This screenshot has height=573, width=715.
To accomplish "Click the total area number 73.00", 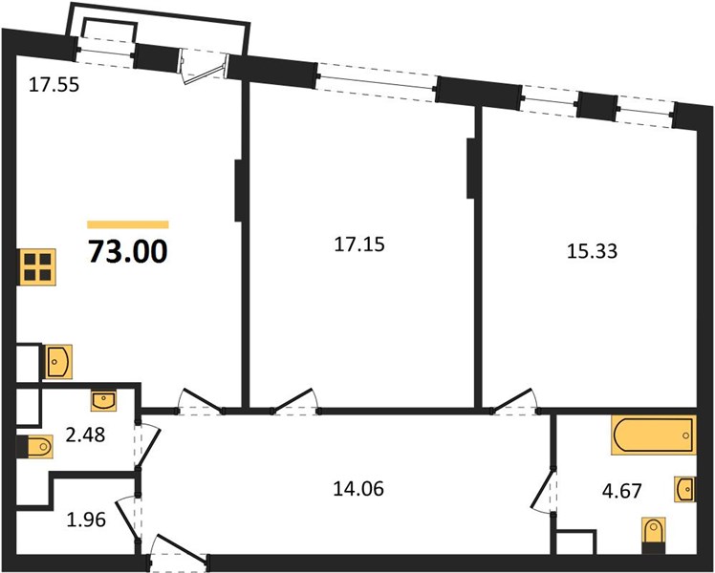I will tap(127, 251).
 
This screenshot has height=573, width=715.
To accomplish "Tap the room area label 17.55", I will tap(54, 84).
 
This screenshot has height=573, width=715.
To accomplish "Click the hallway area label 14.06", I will tap(357, 490).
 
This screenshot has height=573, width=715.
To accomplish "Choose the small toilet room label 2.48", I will tap(85, 435).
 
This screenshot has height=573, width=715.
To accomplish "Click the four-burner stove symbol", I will tap(36, 266).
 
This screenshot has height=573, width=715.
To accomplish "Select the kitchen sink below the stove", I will tap(57, 361).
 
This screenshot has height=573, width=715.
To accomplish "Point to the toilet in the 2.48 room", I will tap(37, 447).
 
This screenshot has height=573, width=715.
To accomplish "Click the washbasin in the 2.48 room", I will tap(103, 399).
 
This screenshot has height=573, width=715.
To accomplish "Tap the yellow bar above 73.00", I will tap(127, 224).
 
